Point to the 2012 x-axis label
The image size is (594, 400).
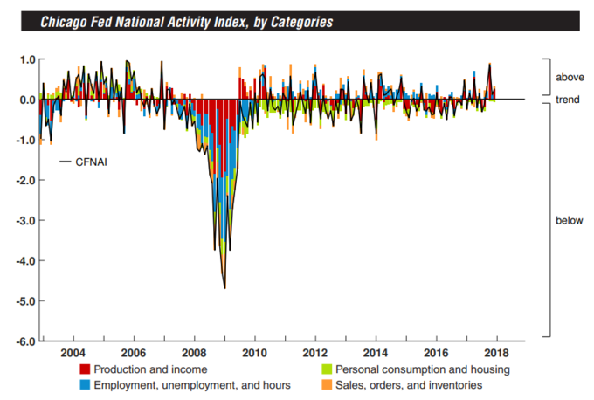[314, 353]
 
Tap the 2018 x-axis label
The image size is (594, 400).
[497, 353]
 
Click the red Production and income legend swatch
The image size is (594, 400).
[85, 369]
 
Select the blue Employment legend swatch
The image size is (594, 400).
[85, 384]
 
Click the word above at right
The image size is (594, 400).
[570, 78]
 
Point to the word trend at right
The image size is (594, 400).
[569, 100]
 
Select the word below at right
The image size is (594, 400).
[569, 220]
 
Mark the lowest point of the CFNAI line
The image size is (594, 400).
[224, 288]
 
